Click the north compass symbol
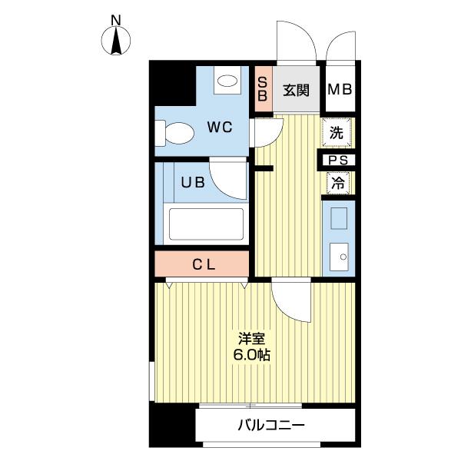tap(117, 41)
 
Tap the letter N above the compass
tap(116, 19)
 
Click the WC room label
tap(220, 127)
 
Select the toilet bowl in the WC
tap(175, 134)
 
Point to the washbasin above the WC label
tap(226, 80)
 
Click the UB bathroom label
tap(191, 183)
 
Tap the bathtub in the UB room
tap(206, 225)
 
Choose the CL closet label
tap(204, 265)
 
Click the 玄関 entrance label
tap(296, 90)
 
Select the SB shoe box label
tap(262, 89)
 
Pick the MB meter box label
tap(340, 90)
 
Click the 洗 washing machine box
tap(337, 132)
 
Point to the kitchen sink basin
tap(338, 256)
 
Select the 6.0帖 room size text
tap(253, 356)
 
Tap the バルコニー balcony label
tap(271, 425)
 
